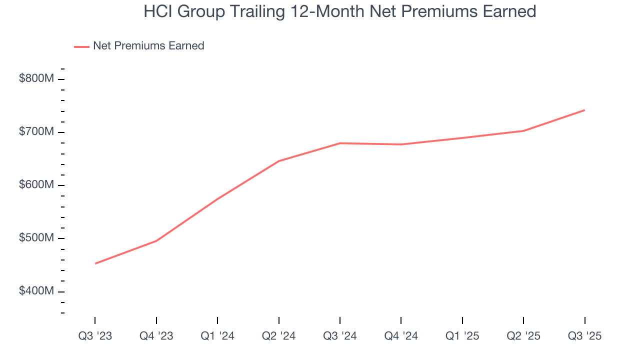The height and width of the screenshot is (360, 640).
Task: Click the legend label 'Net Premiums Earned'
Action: coord(148,46)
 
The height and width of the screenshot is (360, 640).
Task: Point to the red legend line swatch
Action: coord(81,46)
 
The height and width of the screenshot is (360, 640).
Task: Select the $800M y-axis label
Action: coord(36,79)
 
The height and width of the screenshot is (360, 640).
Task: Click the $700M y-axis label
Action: coord(36,132)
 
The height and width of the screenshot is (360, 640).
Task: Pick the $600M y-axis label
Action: coord(36,185)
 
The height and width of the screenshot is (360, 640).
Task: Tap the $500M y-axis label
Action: coord(36,238)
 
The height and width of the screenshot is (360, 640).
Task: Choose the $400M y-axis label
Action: coord(36,291)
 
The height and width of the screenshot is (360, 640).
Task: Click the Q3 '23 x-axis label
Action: coord(95,336)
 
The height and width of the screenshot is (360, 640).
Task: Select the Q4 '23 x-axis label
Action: coord(156,336)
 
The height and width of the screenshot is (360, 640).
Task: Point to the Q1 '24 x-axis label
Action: coord(217,336)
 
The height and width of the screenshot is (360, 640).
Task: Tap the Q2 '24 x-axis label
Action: coord(279,336)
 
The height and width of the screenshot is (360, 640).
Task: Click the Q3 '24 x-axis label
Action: coord(340,336)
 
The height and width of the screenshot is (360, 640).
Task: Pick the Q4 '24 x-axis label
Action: coord(401,336)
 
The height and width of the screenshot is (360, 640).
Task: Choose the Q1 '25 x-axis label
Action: coord(462,336)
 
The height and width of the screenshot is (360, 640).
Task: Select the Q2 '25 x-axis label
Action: coord(523,336)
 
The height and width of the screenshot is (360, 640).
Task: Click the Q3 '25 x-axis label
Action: coord(585,336)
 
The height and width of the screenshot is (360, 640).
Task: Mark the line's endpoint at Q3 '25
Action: coord(584,110)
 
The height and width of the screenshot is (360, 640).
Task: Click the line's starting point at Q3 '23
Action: coord(95,263)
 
